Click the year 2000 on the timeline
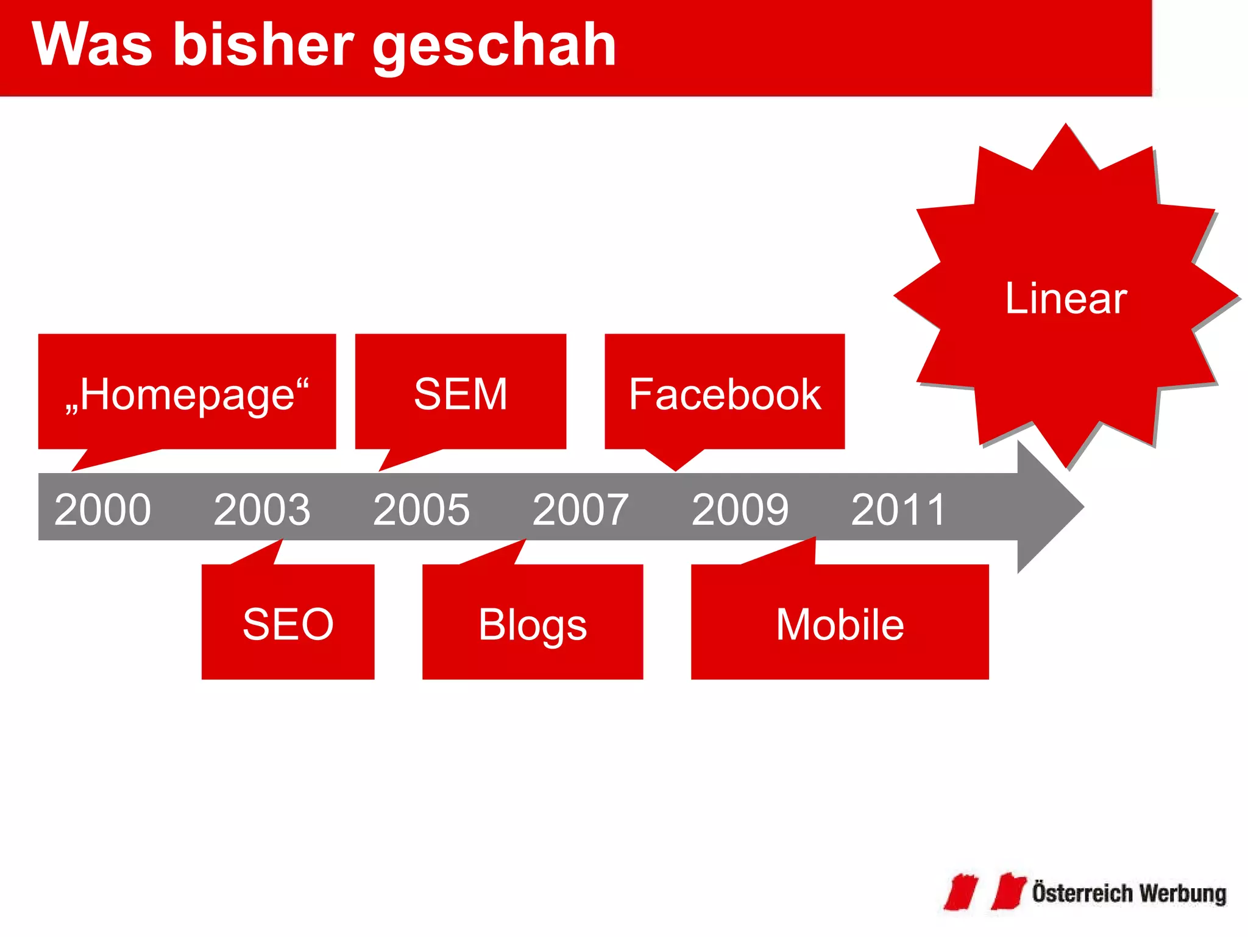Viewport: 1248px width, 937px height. click(102, 510)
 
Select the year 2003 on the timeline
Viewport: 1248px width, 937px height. click(262, 510)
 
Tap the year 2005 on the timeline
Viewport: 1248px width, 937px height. click(421, 510)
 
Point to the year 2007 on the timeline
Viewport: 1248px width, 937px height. click(581, 510)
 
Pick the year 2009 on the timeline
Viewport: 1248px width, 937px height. click(740, 510)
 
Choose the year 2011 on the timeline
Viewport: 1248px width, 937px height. click(898, 510)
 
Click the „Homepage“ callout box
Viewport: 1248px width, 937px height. click(187, 393)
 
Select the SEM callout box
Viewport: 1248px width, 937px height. click(461, 393)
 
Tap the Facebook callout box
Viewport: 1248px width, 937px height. click(725, 393)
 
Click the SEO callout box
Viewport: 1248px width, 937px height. click(288, 623)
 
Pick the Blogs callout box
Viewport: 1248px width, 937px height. click(533, 623)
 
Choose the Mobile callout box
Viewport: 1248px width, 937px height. click(840, 623)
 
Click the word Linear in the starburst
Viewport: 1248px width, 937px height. click(1066, 298)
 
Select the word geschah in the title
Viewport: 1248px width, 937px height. click(494, 46)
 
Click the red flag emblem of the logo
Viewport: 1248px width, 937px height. click(985, 892)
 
